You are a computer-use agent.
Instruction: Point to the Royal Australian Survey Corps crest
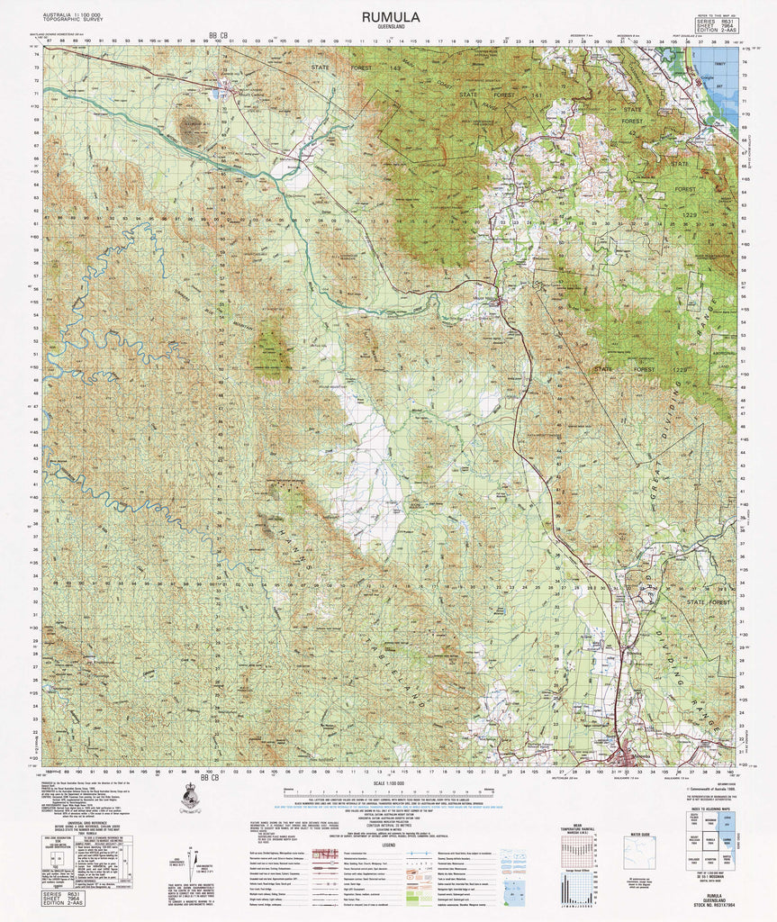click(190, 798)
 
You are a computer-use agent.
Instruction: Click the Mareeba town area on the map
click(626, 755)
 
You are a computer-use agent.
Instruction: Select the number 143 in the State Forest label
click(393, 68)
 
